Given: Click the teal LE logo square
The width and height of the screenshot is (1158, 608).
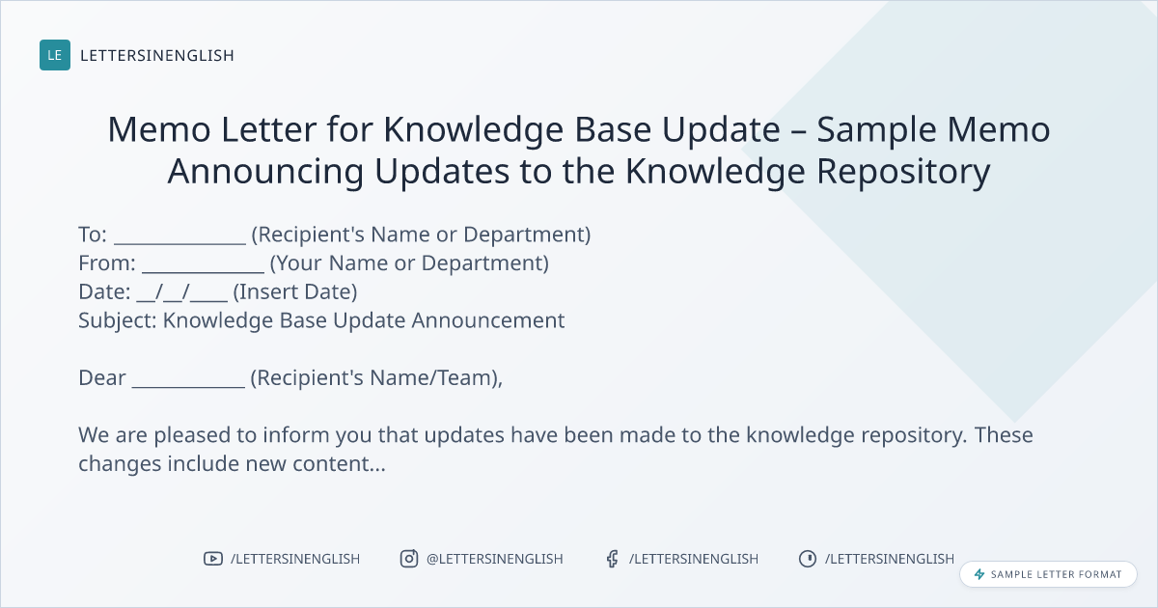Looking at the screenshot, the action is [x=55, y=55].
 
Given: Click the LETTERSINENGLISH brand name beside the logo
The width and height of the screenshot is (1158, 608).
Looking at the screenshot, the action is [x=157, y=55].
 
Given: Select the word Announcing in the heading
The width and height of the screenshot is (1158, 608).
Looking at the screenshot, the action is [x=265, y=172].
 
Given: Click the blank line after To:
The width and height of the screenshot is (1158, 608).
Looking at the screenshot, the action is [x=179, y=243].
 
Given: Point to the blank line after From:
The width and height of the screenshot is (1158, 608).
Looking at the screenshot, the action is [x=204, y=271].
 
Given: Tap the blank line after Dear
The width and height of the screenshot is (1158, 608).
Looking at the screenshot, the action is [x=189, y=386].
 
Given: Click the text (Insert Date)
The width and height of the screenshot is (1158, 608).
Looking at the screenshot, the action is [x=295, y=292].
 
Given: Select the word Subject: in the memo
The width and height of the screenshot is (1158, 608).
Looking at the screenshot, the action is [x=118, y=321].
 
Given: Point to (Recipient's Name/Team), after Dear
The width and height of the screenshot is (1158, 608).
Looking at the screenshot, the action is [x=376, y=378].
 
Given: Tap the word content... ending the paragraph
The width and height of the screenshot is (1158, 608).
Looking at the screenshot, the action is [x=339, y=464].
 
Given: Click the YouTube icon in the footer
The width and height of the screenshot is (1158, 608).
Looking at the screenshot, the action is [x=213, y=559].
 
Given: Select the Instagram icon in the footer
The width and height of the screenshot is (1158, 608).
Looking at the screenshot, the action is [x=409, y=559].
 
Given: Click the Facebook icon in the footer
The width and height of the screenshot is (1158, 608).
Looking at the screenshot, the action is [x=613, y=559].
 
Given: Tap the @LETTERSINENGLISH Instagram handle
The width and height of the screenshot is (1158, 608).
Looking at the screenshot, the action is [x=495, y=559].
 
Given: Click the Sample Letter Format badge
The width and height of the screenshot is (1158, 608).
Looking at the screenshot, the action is [x=1048, y=574].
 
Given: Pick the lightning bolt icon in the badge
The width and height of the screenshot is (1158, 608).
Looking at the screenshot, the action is [x=979, y=574].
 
